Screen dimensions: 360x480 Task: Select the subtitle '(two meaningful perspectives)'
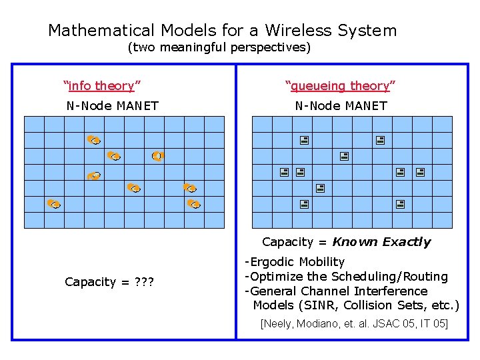[x=219, y=48]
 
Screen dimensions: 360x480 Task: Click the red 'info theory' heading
[x=101, y=85]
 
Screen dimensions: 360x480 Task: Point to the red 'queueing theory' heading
[x=340, y=85]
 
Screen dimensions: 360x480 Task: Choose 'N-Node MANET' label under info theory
[x=112, y=105]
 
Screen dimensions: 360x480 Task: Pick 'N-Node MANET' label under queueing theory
[x=341, y=105]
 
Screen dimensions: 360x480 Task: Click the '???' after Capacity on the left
[x=143, y=282]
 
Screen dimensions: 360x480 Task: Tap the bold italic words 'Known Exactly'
[x=381, y=242]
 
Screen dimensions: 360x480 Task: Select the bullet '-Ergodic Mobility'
[x=295, y=262]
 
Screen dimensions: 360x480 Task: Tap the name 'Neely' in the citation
[x=279, y=324]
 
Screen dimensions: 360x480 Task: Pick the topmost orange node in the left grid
[x=93, y=140]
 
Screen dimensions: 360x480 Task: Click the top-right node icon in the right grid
[x=379, y=141]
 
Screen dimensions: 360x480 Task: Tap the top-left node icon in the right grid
[x=303, y=141]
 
